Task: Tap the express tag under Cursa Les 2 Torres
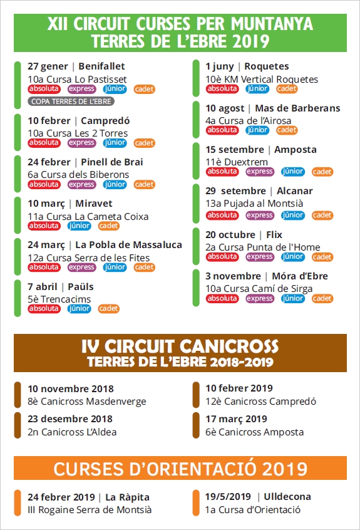click(82, 143)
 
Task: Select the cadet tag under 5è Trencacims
click(109, 309)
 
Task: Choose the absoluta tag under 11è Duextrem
click(222, 172)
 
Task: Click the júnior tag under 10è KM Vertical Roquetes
click(257, 89)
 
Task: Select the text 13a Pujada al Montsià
click(254, 203)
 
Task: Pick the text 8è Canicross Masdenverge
click(87, 401)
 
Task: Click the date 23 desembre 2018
click(70, 419)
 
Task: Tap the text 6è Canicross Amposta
click(254, 432)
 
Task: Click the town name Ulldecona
click(287, 497)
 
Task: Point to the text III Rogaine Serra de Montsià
click(90, 510)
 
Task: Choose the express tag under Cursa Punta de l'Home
click(260, 257)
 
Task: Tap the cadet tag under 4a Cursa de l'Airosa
click(287, 130)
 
